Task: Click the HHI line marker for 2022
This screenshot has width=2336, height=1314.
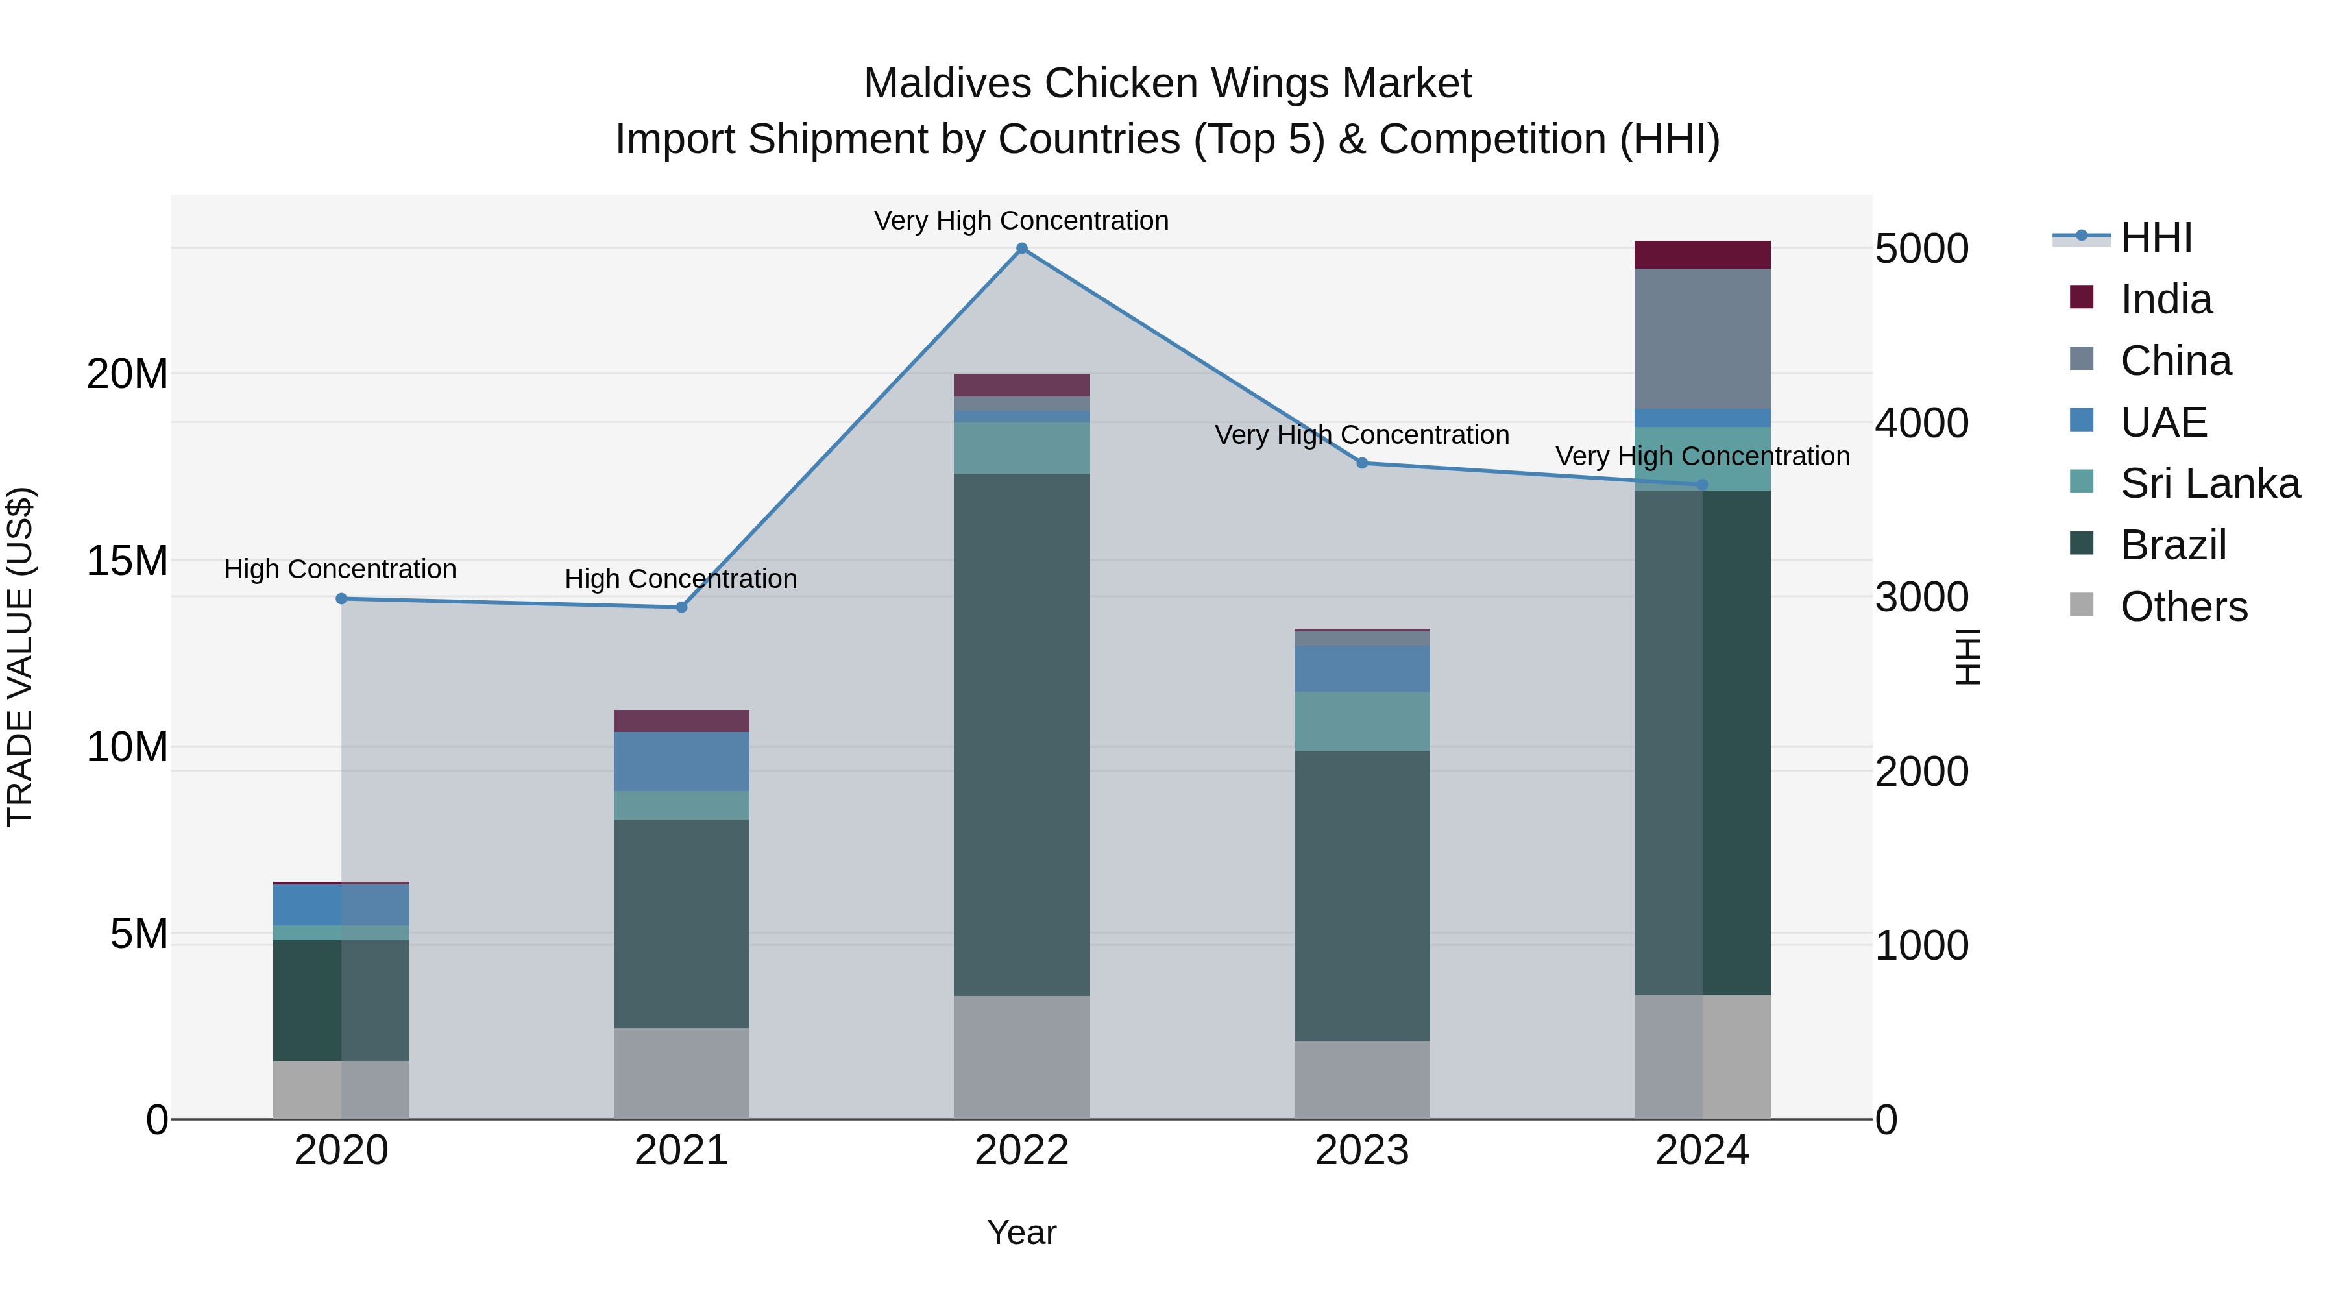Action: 1021,249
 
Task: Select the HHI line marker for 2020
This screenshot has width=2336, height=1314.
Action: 341,598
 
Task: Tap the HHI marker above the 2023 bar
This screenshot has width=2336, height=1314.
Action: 1361,463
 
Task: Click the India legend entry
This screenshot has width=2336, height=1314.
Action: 2165,299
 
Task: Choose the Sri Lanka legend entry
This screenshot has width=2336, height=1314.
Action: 2209,483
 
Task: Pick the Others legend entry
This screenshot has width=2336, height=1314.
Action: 2184,607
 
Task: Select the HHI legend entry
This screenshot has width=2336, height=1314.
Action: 2156,237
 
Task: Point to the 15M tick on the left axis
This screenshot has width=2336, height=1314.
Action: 127,561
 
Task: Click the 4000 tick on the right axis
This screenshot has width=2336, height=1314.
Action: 1921,424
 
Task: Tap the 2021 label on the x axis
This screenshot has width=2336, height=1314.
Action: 681,1150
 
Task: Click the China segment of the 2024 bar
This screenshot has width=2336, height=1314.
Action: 1701,339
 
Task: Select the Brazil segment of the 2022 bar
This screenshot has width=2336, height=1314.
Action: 1021,735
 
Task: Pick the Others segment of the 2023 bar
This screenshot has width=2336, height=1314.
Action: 1361,1079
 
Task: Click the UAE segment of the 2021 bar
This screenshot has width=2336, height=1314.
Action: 681,762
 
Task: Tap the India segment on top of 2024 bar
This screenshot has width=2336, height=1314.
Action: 1701,255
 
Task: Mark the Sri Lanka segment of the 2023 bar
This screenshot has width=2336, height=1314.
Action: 1361,721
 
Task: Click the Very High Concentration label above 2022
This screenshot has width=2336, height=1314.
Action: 1021,221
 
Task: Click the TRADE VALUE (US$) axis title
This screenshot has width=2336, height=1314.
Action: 20,657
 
